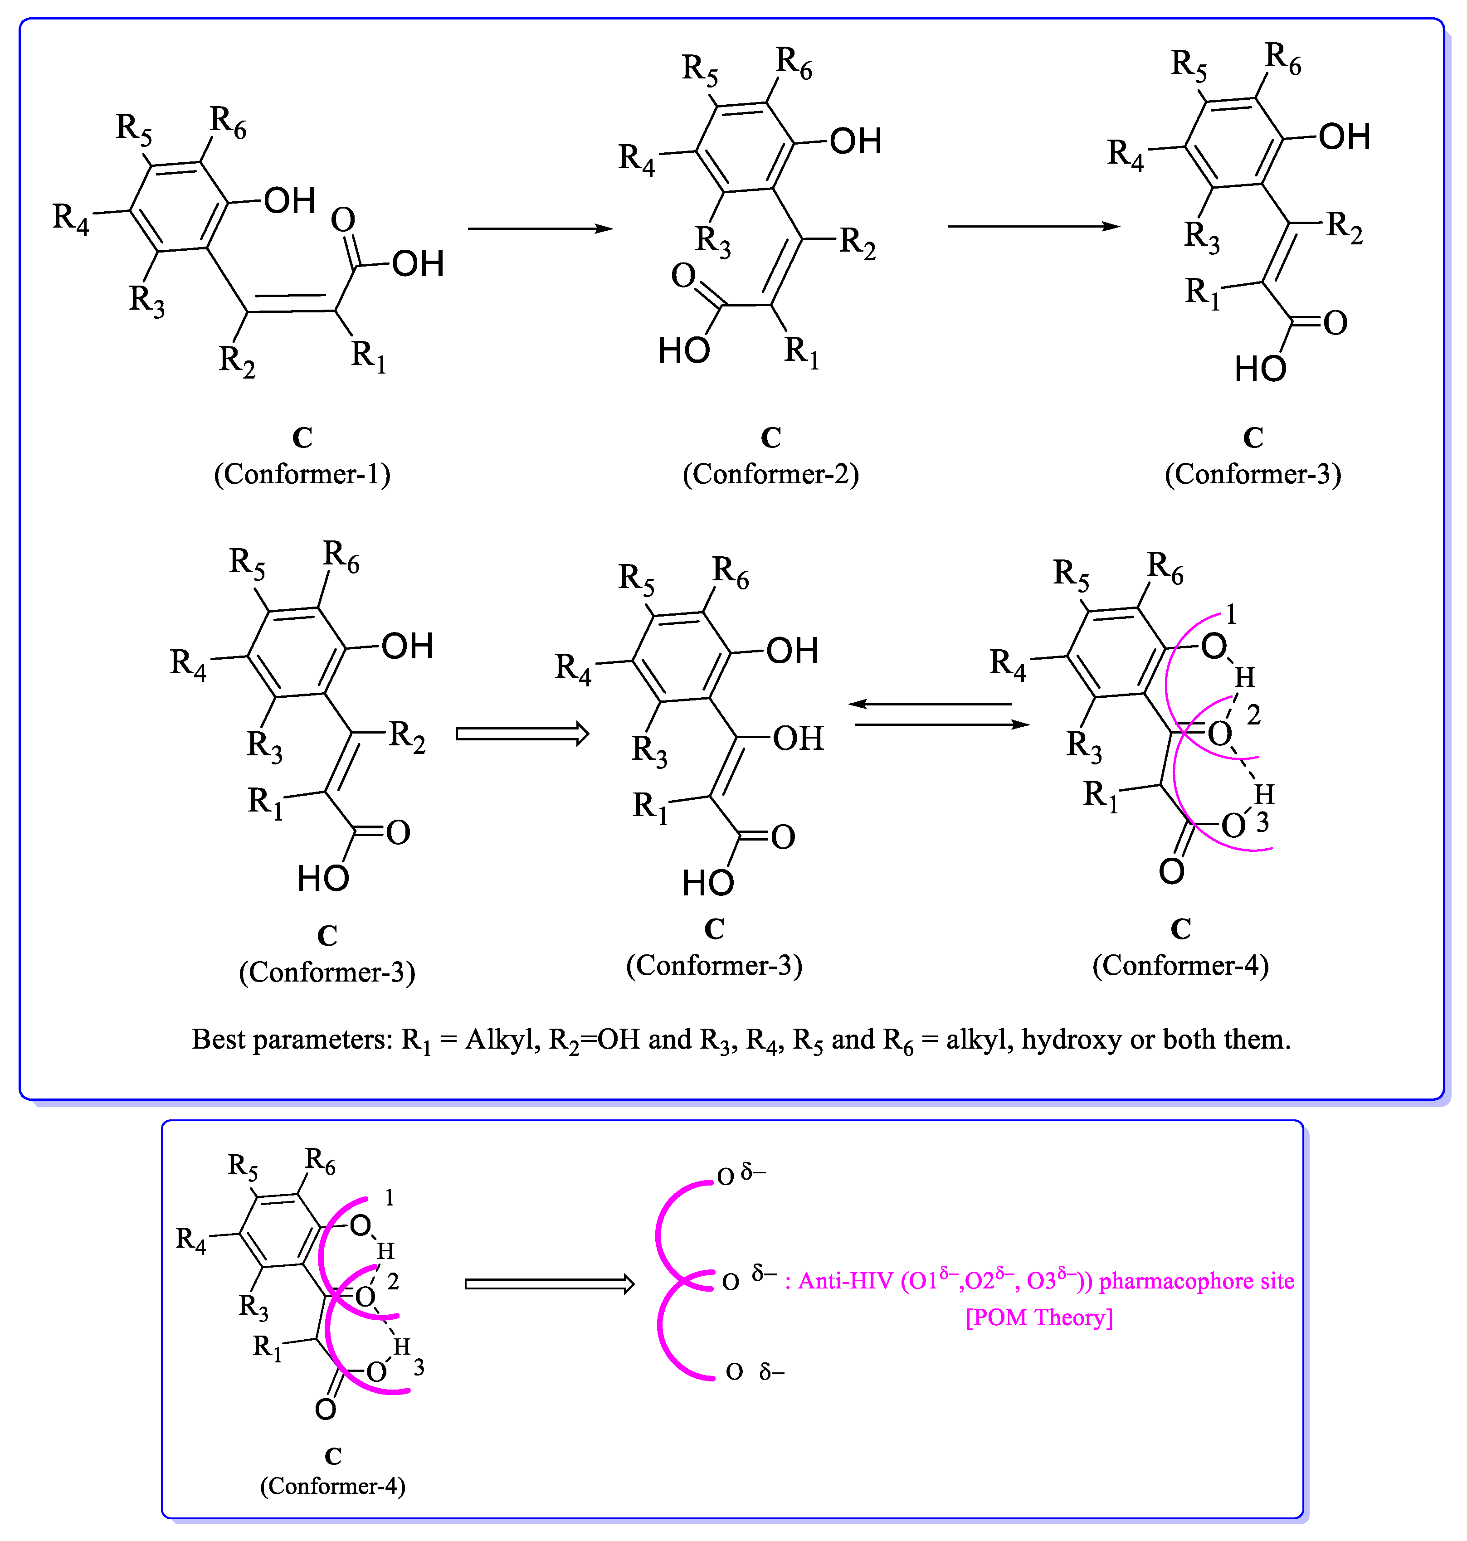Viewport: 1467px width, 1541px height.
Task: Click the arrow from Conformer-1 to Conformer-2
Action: [540, 228]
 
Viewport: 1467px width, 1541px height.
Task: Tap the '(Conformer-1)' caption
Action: [302, 474]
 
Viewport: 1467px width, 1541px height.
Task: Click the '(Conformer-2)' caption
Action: [770, 474]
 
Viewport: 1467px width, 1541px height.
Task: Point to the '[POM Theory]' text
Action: [1039, 1317]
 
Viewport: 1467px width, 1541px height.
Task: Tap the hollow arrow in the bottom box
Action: [549, 1284]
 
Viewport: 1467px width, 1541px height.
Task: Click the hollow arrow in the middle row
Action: [521, 734]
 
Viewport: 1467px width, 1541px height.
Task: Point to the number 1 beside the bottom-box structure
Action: [390, 1198]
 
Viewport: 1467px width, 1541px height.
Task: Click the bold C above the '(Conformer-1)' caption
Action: [302, 437]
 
